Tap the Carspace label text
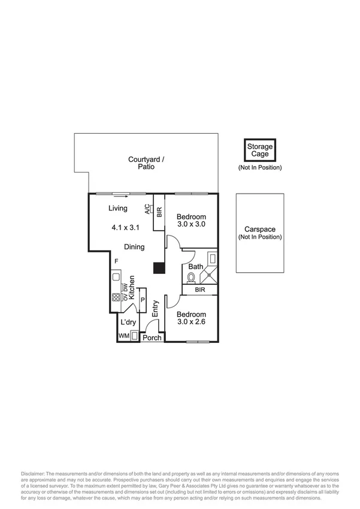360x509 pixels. point(259,230)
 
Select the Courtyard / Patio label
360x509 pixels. point(146,163)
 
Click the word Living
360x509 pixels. point(117,209)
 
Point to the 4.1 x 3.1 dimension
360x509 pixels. point(125,228)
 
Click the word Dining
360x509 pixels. point(134,246)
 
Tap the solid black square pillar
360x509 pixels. point(159,269)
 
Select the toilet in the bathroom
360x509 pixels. point(191,277)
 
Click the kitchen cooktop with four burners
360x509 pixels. point(116,297)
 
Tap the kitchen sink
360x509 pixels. point(115,278)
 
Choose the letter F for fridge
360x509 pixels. point(117,261)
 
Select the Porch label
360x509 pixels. point(152,338)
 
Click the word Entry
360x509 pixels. point(155,309)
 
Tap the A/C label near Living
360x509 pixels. point(147,209)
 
